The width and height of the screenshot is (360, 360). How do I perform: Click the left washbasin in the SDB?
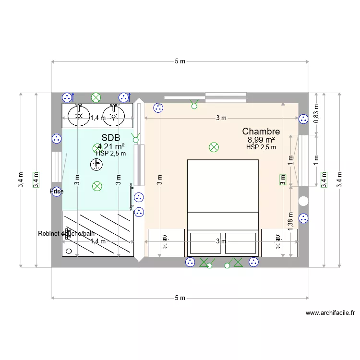(79, 115)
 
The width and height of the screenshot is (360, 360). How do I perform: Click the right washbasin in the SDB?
(114, 115)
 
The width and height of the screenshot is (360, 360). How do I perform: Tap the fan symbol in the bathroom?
(96, 165)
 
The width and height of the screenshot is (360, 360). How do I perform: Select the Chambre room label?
(261, 131)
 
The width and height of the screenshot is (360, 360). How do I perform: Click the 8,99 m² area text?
(261, 140)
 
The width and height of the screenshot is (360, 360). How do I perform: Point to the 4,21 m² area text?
(111, 146)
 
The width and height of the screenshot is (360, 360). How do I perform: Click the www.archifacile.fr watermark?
(330, 313)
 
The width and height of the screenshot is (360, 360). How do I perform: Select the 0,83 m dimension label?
(315, 114)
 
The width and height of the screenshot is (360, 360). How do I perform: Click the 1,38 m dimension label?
(290, 221)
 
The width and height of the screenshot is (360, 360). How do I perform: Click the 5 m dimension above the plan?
(180, 61)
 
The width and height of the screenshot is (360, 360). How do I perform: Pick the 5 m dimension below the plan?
(180, 298)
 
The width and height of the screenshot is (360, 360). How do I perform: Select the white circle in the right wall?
(303, 201)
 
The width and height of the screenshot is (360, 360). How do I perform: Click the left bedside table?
(165, 242)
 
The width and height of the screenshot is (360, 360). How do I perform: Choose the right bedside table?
(278, 242)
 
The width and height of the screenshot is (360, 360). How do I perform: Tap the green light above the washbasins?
(96, 97)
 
